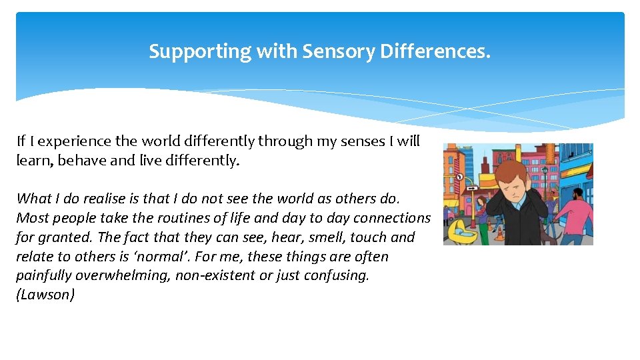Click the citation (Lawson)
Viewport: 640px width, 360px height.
click(45, 295)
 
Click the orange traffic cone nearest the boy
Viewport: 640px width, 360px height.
click(501, 235)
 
